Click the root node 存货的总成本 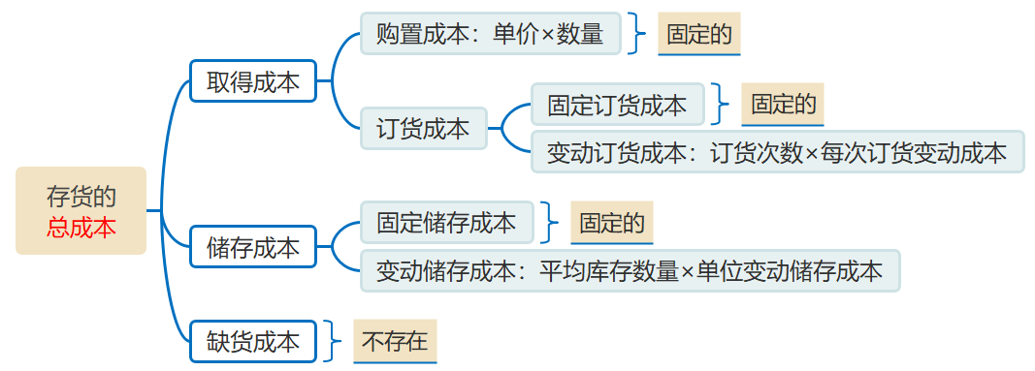pos(81,211)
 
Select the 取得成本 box pos(253,82)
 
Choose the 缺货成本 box pos(253,341)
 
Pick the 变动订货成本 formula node pos(777,152)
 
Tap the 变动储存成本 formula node pos(630,271)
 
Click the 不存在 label pos(395,341)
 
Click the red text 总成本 pos(81,228)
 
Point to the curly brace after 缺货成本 pos(334,341)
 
